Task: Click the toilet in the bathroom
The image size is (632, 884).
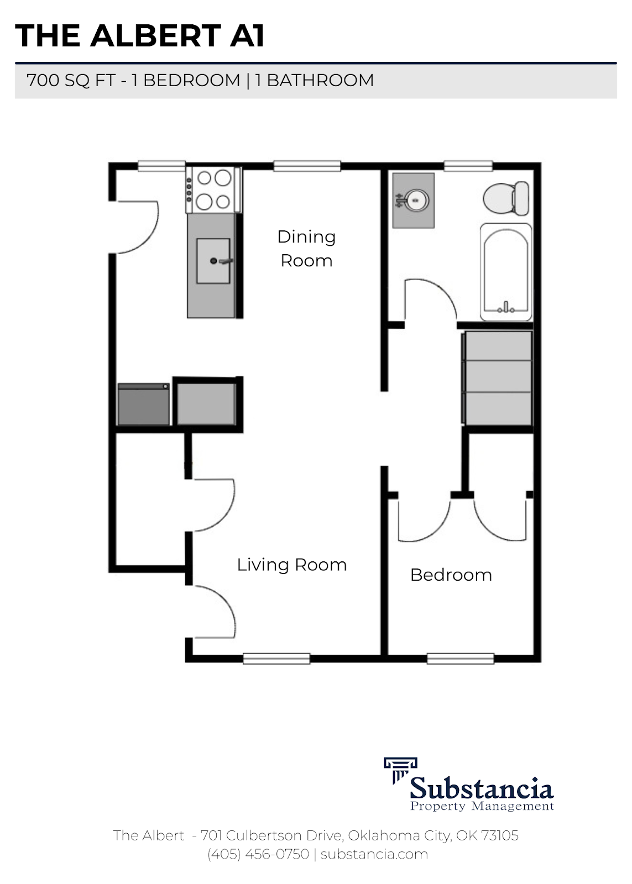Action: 505,198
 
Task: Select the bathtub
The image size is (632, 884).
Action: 506,271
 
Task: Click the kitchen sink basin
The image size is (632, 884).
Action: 213,261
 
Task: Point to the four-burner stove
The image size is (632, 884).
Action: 213,190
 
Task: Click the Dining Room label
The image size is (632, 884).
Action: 306,249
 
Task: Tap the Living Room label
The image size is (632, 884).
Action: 291,565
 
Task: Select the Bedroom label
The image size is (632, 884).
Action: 451,575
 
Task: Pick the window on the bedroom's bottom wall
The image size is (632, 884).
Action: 460,658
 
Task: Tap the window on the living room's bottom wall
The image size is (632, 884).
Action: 276,658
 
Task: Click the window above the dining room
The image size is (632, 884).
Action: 307,166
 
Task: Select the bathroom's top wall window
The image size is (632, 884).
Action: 468,165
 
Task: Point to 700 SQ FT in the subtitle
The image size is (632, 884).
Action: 70,81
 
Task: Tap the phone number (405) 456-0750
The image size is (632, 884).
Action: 258,854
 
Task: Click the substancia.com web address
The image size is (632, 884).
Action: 374,854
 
